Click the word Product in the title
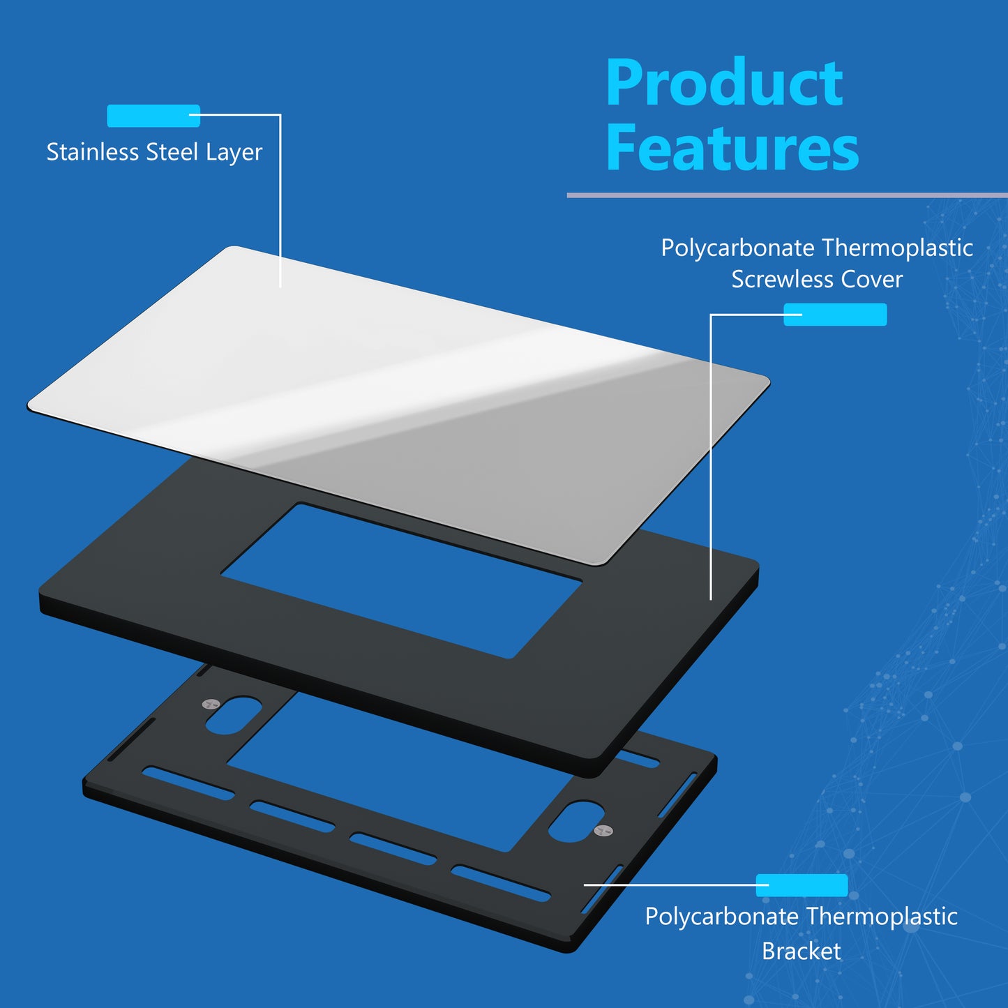[x=725, y=82]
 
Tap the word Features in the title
[x=732, y=147]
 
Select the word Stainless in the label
[x=93, y=151]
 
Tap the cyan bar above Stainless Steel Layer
[x=153, y=116]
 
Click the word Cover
[x=872, y=279]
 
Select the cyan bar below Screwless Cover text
[x=836, y=315]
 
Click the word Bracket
[x=802, y=951]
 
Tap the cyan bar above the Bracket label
[x=802, y=885]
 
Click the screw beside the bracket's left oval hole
[x=211, y=704]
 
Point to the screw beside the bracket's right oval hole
[x=603, y=829]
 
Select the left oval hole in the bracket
[x=233, y=714]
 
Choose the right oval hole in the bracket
[x=576, y=821]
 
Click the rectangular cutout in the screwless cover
[x=402, y=580]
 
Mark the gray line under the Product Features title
[x=788, y=195]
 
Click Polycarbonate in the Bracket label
[x=722, y=917]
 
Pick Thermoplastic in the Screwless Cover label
[x=897, y=248]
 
